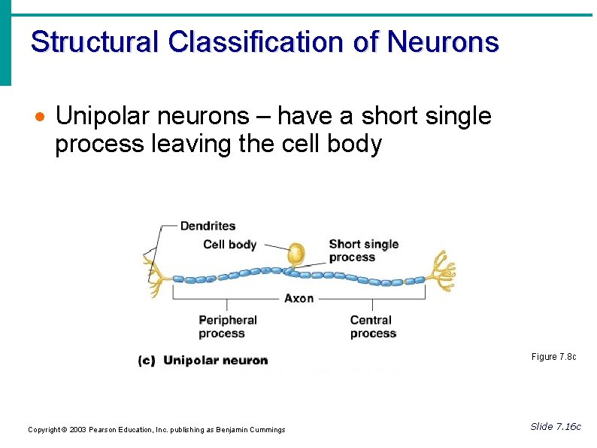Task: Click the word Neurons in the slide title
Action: (x=443, y=41)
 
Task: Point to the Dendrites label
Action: (x=208, y=226)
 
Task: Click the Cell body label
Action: (x=229, y=244)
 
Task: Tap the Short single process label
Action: (x=363, y=250)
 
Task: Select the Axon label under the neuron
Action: (x=298, y=298)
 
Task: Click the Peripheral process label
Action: (x=227, y=327)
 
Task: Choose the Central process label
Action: (x=373, y=327)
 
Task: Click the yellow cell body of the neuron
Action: (x=296, y=254)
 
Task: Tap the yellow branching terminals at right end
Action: (x=441, y=272)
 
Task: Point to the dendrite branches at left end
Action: (x=155, y=276)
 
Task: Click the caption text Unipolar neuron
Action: (x=215, y=361)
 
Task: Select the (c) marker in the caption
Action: (x=147, y=361)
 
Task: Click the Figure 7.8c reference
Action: (x=553, y=357)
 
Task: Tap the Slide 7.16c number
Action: (x=555, y=427)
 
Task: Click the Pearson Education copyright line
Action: (x=156, y=430)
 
